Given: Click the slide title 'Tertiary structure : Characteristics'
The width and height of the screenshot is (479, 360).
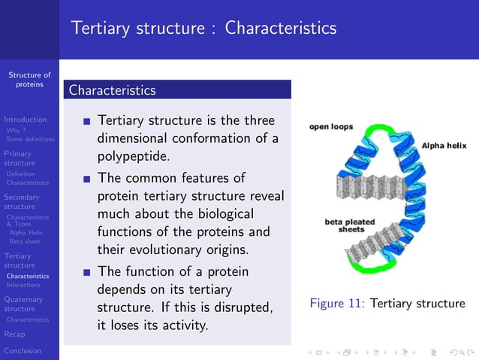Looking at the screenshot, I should point(203,29).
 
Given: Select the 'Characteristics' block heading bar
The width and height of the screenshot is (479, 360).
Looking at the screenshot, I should point(177,90).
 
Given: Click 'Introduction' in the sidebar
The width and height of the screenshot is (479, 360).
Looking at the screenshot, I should point(25,119).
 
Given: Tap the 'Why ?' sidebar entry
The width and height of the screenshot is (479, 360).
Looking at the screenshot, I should point(17,130).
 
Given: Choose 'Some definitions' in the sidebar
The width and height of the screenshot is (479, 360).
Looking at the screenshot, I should point(30,139).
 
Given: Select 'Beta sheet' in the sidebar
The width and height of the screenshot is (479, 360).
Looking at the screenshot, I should point(25,242).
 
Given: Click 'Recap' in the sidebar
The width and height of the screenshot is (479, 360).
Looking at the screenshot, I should point(14,334).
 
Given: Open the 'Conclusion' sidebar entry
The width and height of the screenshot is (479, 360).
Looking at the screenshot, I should point(23,351).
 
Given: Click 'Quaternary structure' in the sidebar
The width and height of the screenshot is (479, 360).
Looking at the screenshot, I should point(23,304).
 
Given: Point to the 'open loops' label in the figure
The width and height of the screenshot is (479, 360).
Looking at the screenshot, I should point(331,127).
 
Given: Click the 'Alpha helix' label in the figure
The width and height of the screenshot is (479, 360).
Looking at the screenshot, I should point(444,145).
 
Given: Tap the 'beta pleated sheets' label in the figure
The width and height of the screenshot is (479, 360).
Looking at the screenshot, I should point(348,225).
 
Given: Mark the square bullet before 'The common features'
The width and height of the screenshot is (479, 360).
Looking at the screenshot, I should point(87,180).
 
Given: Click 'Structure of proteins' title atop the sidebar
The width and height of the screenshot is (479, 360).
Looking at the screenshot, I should point(29,79).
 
